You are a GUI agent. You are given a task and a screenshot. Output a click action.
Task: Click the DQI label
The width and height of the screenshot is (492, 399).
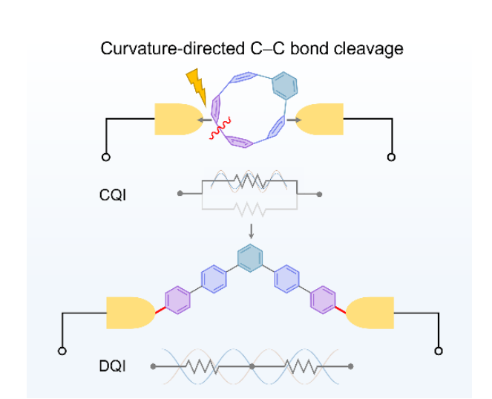[112, 366]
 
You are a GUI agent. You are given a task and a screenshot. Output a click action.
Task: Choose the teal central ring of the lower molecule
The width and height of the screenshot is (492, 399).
[252, 260]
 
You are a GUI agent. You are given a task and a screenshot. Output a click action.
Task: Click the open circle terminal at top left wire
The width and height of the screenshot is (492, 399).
[106, 158]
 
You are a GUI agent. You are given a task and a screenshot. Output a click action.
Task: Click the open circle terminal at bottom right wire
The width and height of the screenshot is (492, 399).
[439, 350]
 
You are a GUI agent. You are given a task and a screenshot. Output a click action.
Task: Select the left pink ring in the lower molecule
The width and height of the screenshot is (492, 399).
[177, 299]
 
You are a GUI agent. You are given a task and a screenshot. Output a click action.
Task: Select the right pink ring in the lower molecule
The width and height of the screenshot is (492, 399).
[324, 299]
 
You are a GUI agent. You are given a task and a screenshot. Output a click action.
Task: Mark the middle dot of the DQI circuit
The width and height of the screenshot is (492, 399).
[252, 366]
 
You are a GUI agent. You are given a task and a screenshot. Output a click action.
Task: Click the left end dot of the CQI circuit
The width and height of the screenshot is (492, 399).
[180, 194]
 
